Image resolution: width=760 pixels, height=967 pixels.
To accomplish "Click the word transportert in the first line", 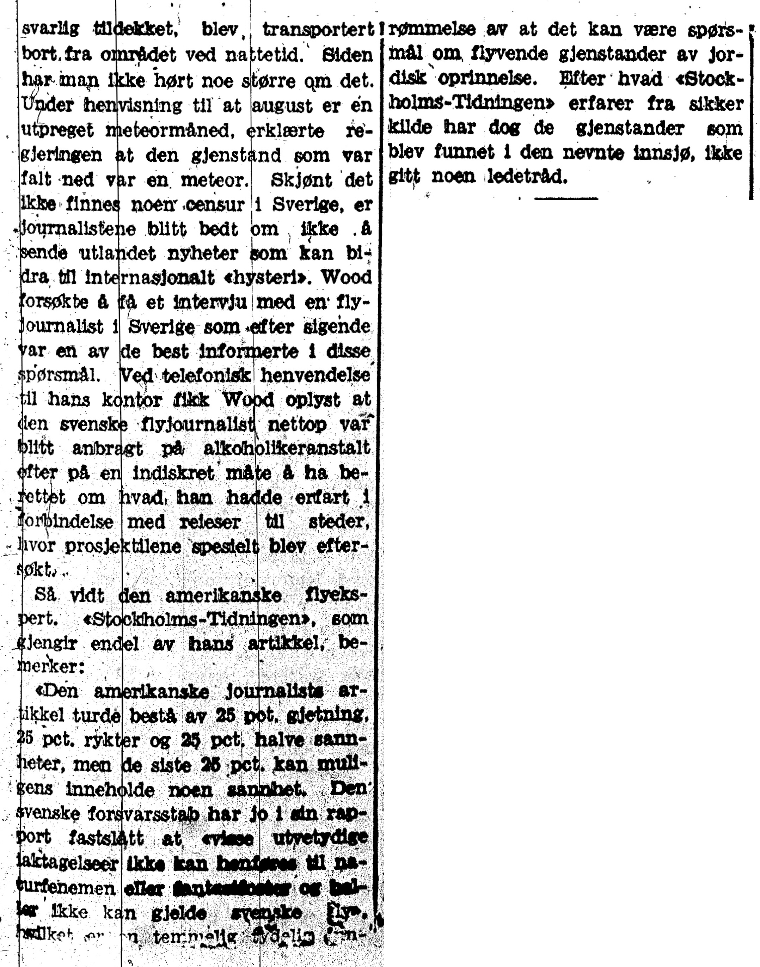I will (318, 30).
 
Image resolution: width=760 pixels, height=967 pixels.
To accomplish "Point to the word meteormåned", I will (171, 131).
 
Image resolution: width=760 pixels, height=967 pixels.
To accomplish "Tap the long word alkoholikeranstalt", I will (286, 448).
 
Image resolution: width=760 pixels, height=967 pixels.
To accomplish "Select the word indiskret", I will (173, 473).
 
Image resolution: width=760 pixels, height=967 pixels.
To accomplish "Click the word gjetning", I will (328, 715).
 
